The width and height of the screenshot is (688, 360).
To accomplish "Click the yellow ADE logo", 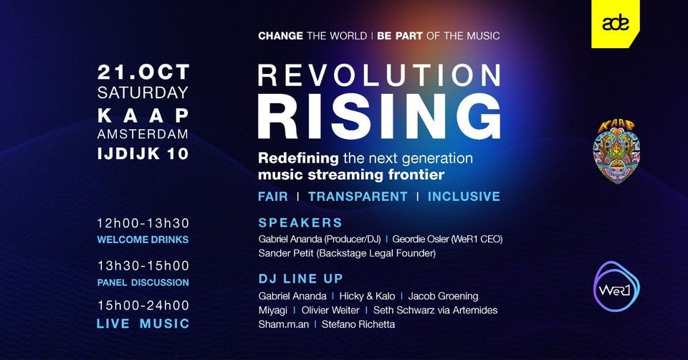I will (x=616, y=24).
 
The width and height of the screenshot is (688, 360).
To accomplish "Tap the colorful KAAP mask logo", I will (x=616, y=150).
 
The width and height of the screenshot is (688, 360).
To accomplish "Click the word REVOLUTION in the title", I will (x=379, y=77).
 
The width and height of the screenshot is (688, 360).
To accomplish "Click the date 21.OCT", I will (x=143, y=72).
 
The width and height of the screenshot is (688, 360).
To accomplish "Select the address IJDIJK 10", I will (x=143, y=153).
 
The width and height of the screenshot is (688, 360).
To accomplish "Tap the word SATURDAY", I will (x=143, y=93).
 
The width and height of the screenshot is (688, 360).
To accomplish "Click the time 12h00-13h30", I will (x=143, y=223).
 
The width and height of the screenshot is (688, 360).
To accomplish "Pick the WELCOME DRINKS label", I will (x=143, y=240).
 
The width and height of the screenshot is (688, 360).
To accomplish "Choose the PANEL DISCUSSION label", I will (x=143, y=283).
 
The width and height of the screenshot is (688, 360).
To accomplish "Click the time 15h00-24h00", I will (x=143, y=305).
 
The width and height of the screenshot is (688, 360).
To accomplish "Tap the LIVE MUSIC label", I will (x=143, y=324).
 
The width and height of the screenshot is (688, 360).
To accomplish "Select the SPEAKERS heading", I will (x=300, y=222).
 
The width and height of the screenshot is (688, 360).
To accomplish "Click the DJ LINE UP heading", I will (x=301, y=278).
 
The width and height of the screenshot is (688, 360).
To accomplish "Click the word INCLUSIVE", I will (x=464, y=196).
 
